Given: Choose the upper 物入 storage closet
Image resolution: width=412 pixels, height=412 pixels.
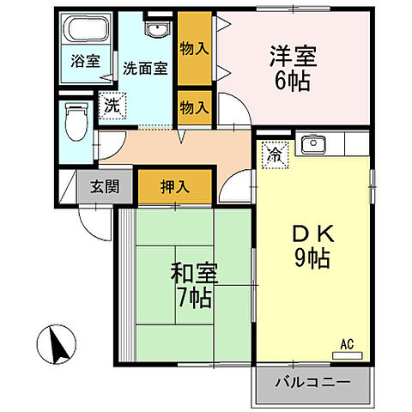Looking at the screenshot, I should pos(195,47).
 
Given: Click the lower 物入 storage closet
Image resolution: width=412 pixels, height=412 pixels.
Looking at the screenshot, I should pos(195,107).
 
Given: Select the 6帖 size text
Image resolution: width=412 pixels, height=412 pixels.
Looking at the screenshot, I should pos(293,82).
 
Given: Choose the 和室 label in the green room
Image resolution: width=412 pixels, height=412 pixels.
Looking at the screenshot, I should pos(196,276).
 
